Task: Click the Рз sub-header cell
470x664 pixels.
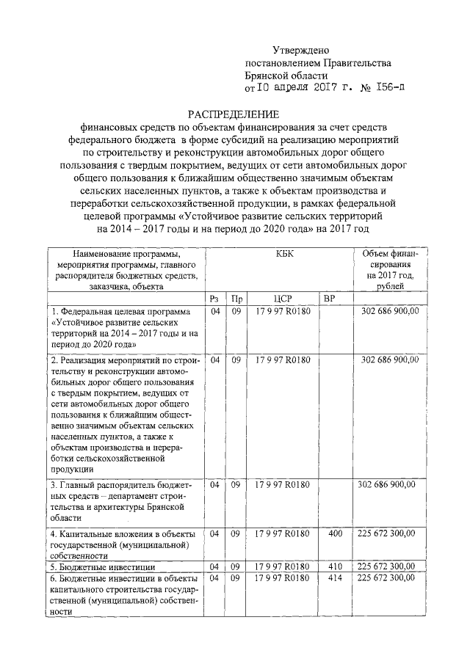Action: pyautogui.click(x=215, y=299)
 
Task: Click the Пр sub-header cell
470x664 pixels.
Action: pyautogui.click(x=236, y=299)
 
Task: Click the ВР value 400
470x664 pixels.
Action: pyautogui.click(x=335, y=533)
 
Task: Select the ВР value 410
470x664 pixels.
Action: pyautogui.click(x=335, y=566)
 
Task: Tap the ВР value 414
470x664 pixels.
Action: pyautogui.click(x=335, y=579)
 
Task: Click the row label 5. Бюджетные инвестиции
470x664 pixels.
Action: pyautogui.click(x=102, y=567)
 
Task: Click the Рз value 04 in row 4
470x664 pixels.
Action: pyautogui.click(x=215, y=533)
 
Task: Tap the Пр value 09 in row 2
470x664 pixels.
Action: pyautogui.click(x=236, y=360)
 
